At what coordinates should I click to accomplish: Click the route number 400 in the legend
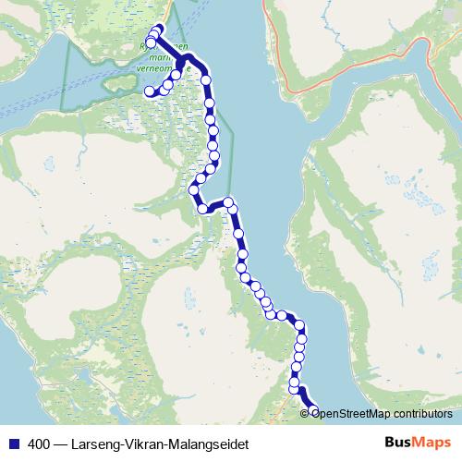click(39, 444)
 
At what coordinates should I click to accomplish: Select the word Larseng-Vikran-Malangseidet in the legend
click(165, 444)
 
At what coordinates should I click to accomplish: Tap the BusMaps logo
click(415, 443)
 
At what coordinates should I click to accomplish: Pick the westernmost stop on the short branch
click(149, 91)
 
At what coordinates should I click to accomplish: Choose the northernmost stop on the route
click(158, 29)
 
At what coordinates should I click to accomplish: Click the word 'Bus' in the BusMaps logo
click(398, 443)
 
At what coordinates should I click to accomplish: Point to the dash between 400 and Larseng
click(59, 444)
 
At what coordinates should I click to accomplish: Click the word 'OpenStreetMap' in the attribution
click(346, 413)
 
